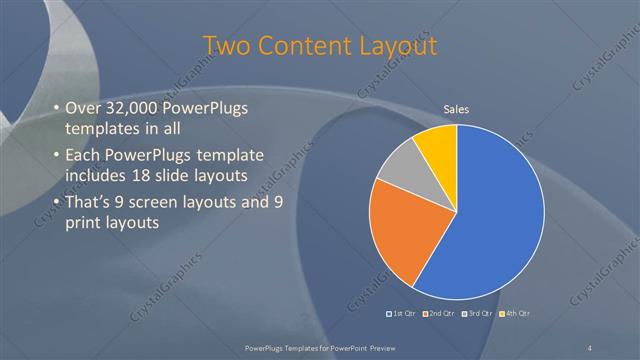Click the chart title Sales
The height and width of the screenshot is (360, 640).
tap(457, 110)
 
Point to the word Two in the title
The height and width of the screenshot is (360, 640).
tap(226, 46)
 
